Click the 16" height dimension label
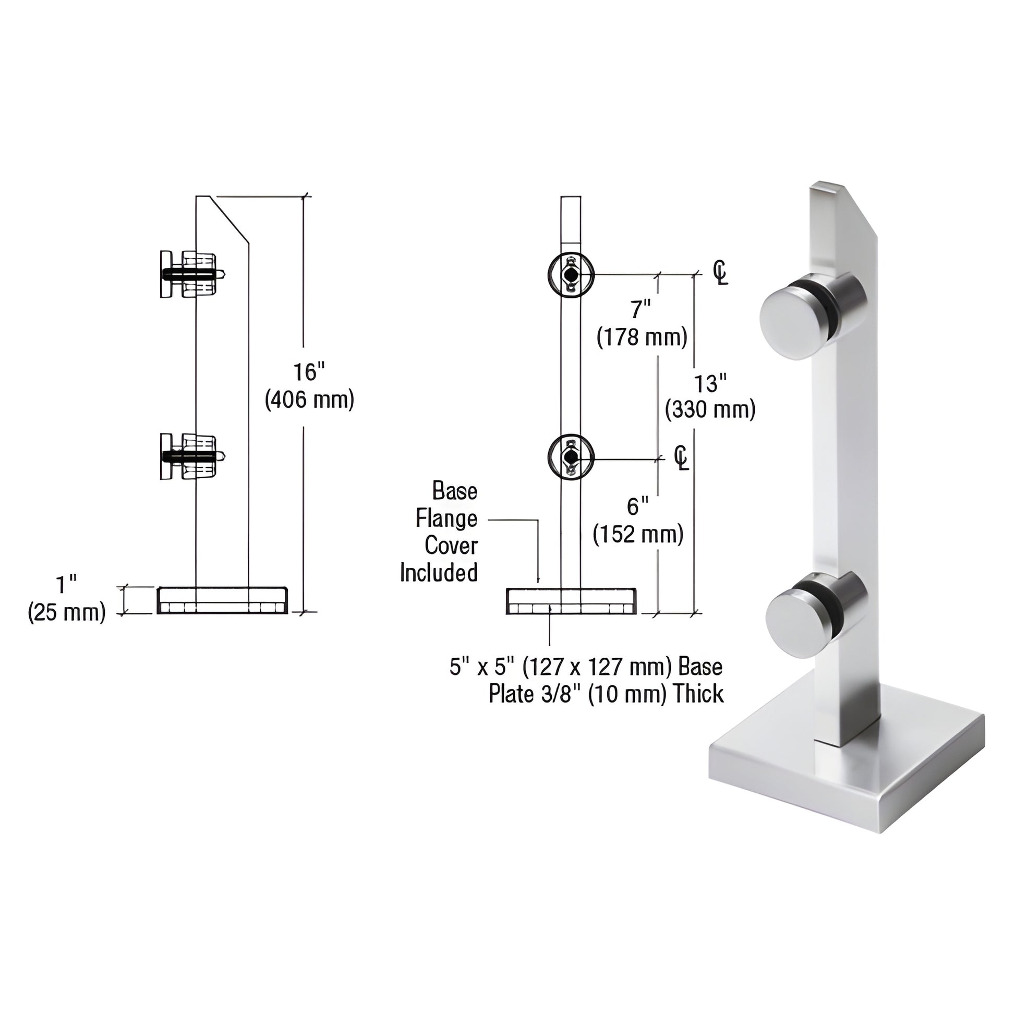[x=309, y=372]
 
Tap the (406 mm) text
[x=309, y=401]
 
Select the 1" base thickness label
[x=67, y=583]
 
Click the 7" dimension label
[x=641, y=310]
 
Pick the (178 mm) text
[x=642, y=337]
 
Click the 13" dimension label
[x=710, y=383]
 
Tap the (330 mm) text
[x=710, y=410]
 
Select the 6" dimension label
[x=638, y=507]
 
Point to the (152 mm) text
[x=638, y=534]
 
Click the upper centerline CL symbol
[x=720, y=273]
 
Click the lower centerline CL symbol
[x=681, y=458]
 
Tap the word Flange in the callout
[x=446, y=519]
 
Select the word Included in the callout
[x=439, y=573]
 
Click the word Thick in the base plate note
[x=698, y=694]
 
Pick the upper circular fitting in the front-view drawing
[x=571, y=275]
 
